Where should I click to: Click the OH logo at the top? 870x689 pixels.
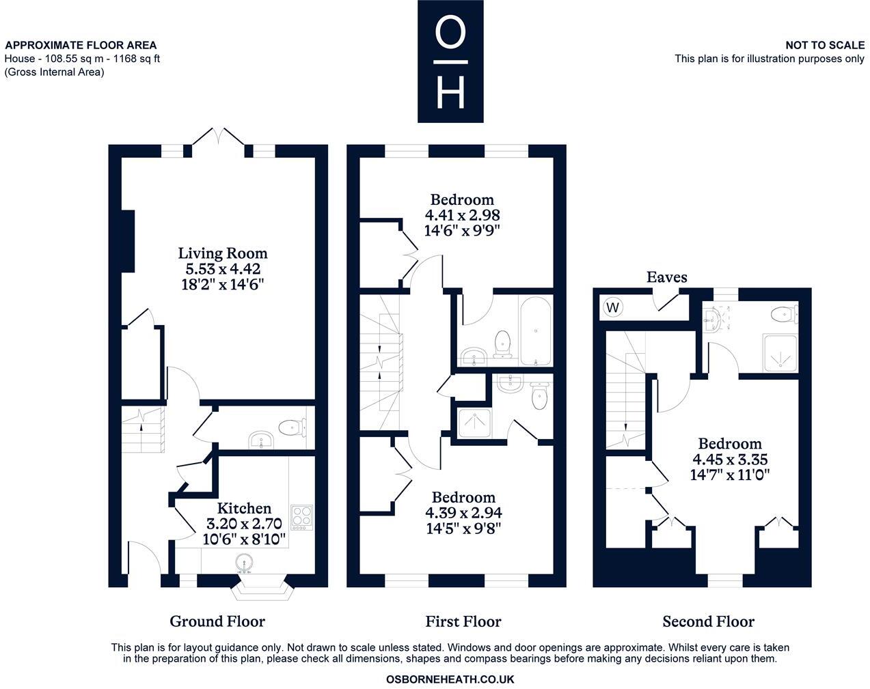coord(450,61)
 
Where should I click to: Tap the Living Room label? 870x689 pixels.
coord(223,253)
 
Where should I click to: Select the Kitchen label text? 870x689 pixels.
coord(244,508)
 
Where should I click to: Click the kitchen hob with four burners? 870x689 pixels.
coord(302,518)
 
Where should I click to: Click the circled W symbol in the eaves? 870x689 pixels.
coord(613,307)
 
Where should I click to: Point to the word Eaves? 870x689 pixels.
coord(666,277)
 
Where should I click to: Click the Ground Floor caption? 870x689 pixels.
coord(217,621)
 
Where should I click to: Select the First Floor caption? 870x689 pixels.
coord(463,621)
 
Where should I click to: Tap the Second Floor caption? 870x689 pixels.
coord(708,621)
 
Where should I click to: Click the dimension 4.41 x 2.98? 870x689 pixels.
coord(462,214)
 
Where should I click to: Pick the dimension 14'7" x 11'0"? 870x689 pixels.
coord(730,475)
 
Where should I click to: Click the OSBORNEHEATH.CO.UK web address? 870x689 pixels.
coord(450,679)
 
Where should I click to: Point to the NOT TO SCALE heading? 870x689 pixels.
coord(824,45)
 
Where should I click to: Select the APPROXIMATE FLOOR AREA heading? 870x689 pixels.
coord(81,46)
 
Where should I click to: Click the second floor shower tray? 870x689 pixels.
coord(778,353)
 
